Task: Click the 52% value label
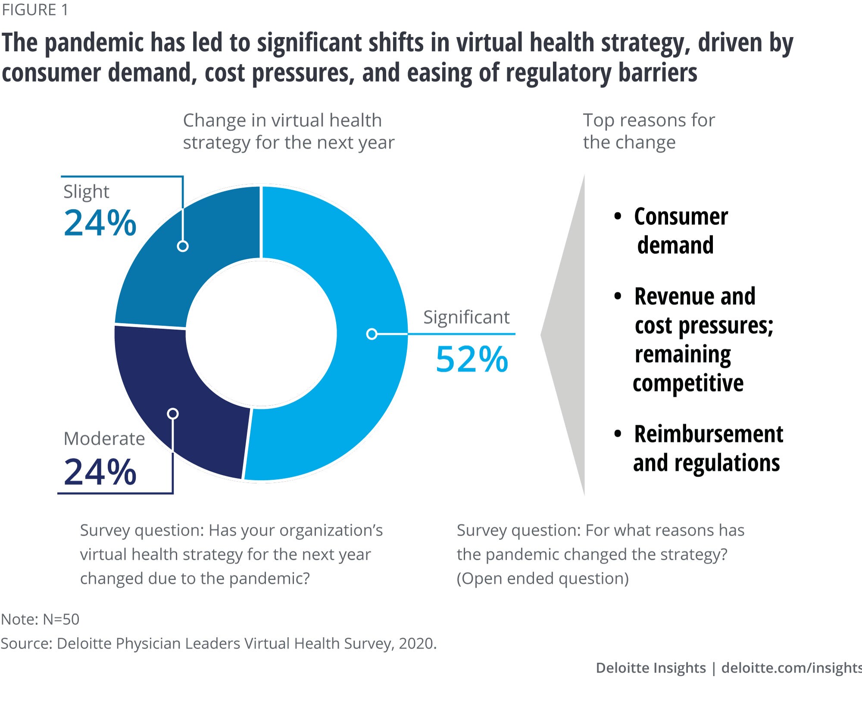[472, 359]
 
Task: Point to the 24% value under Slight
[100, 223]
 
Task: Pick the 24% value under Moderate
[100, 472]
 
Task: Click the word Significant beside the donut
[466, 317]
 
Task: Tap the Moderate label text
[104, 439]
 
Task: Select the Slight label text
[86, 191]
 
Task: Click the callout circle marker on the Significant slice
[372, 334]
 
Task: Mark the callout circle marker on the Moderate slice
[173, 414]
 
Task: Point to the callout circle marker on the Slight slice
[183, 246]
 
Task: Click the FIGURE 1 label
[35, 10]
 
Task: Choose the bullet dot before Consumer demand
[618, 216]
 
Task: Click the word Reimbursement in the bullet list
[709, 434]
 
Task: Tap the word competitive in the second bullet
[688, 383]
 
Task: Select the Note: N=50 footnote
[41, 619]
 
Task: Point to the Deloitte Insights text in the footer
[651, 668]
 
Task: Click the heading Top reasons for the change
[649, 131]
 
